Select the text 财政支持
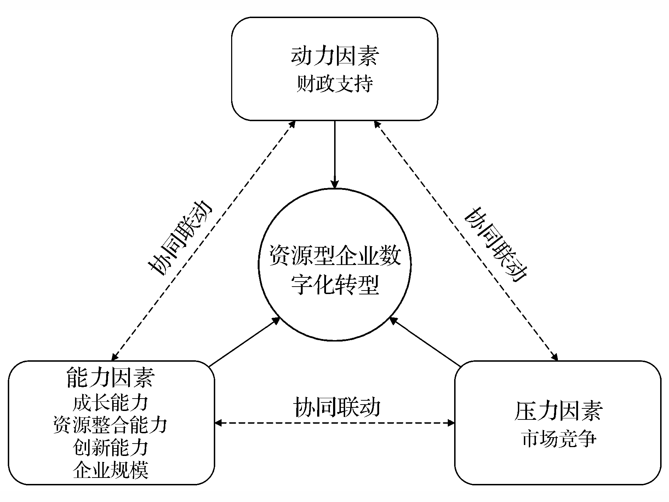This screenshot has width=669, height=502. pyautogui.click(x=334, y=84)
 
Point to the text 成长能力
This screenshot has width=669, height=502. pyautogui.click(x=111, y=403)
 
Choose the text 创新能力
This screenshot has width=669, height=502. pyautogui.click(x=111, y=447)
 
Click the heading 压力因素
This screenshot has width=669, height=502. pyautogui.click(x=558, y=411)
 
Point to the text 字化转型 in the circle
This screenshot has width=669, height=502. pyautogui.click(x=335, y=285)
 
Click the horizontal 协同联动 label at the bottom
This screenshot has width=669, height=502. pyautogui.click(x=337, y=407)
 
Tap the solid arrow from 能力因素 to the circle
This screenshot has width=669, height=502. pyautogui.click(x=244, y=342)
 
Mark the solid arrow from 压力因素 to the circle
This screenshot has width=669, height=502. pyautogui.click(x=425, y=342)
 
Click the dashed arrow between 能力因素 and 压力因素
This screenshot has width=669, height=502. pyautogui.click(x=335, y=423)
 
